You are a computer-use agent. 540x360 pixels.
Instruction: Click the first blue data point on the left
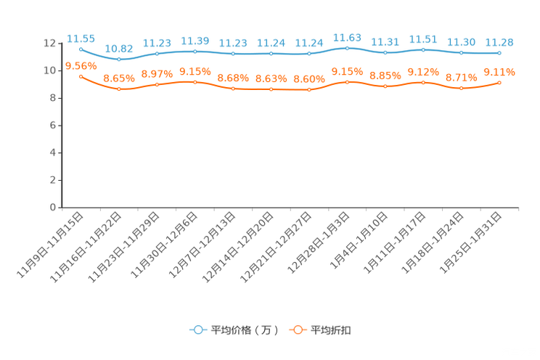pos(81,49)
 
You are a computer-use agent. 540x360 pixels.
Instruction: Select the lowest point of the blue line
pos(118,60)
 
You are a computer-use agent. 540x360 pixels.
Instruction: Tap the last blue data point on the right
pos(499,53)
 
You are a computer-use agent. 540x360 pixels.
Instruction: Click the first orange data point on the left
pos(81,75)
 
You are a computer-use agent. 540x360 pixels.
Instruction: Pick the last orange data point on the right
pos(499,82)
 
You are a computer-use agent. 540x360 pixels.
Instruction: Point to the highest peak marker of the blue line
pos(348,47)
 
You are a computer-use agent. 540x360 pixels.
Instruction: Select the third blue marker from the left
pos(157,54)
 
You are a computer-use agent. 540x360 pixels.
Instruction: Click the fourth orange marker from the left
pos(195,81)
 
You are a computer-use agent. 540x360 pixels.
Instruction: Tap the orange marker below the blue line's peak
pos(348,81)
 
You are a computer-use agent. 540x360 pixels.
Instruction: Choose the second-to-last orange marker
pos(461,88)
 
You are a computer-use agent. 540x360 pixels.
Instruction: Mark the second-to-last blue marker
pos(461,52)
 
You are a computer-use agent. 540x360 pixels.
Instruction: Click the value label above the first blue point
pos(81,38)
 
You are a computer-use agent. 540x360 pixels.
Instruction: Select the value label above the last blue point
pos(499,42)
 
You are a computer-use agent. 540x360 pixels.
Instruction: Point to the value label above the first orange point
pos(81,65)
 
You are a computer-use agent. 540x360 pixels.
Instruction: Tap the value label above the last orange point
pos(499,72)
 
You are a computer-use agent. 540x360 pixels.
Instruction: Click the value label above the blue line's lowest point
pos(118,49)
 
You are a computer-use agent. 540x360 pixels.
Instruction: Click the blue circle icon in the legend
pos(198,330)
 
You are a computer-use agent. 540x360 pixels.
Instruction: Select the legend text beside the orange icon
pos(331,330)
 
